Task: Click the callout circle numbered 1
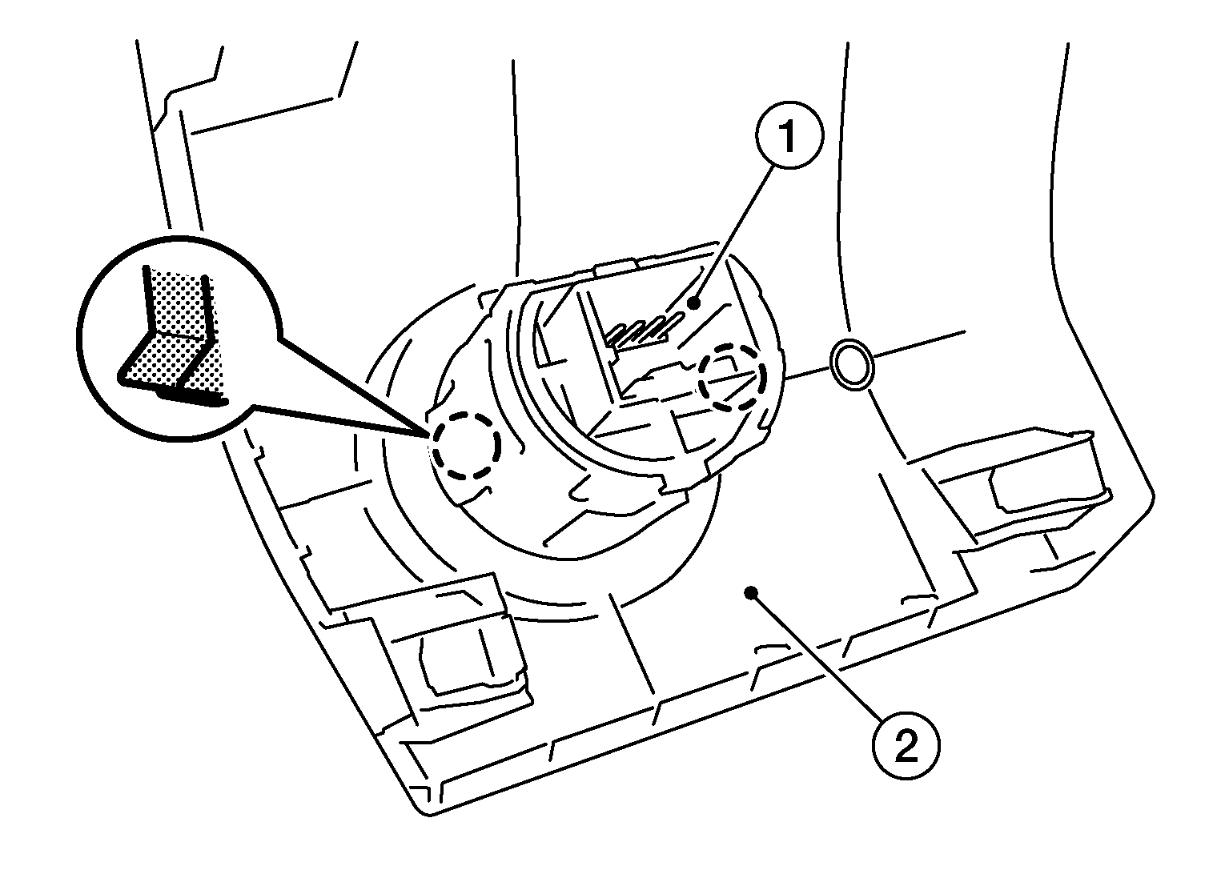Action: pyautogui.click(x=789, y=135)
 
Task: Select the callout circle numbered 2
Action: pyautogui.click(x=906, y=747)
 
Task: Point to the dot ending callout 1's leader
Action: pyautogui.click(x=695, y=303)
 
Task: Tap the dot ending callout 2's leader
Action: pyautogui.click(x=750, y=592)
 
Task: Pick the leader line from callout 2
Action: pyautogui.click(x=817, y=655)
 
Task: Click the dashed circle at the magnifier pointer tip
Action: pyautogui.click(x=466, y=446)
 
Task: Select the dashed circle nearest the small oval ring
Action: pyautogui.click(x=732, y=378)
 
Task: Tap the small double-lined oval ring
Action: pyautogui.click(x=851, y=365)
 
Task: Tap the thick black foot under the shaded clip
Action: pyautogui.click(x=192, y=399)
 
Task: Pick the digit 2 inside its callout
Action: pyautogui.click(x=906, y=747)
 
